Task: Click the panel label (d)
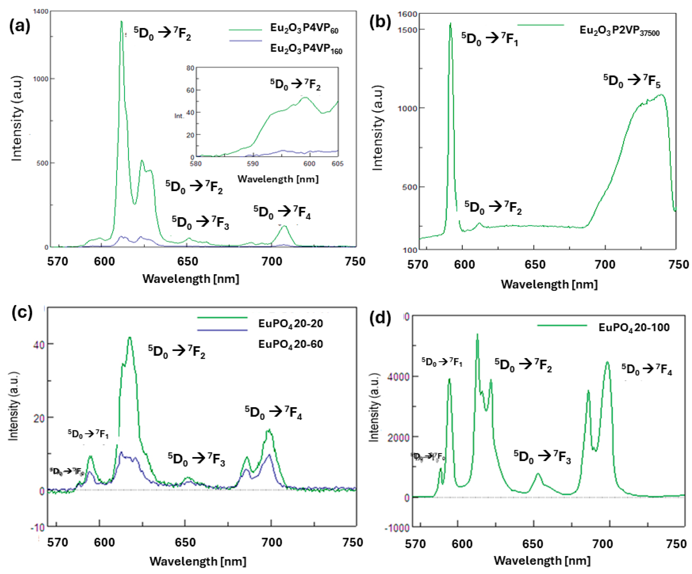pos(380,319)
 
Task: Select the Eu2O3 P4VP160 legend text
pos(306,49)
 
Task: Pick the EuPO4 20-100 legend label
pos(634,327)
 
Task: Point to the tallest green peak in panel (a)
pos(121,22)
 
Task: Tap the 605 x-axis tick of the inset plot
pos(337,164)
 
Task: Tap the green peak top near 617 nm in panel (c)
pos(130,337)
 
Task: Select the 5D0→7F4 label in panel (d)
pos(646,369)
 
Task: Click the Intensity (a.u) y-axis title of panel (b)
pos(378,128)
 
